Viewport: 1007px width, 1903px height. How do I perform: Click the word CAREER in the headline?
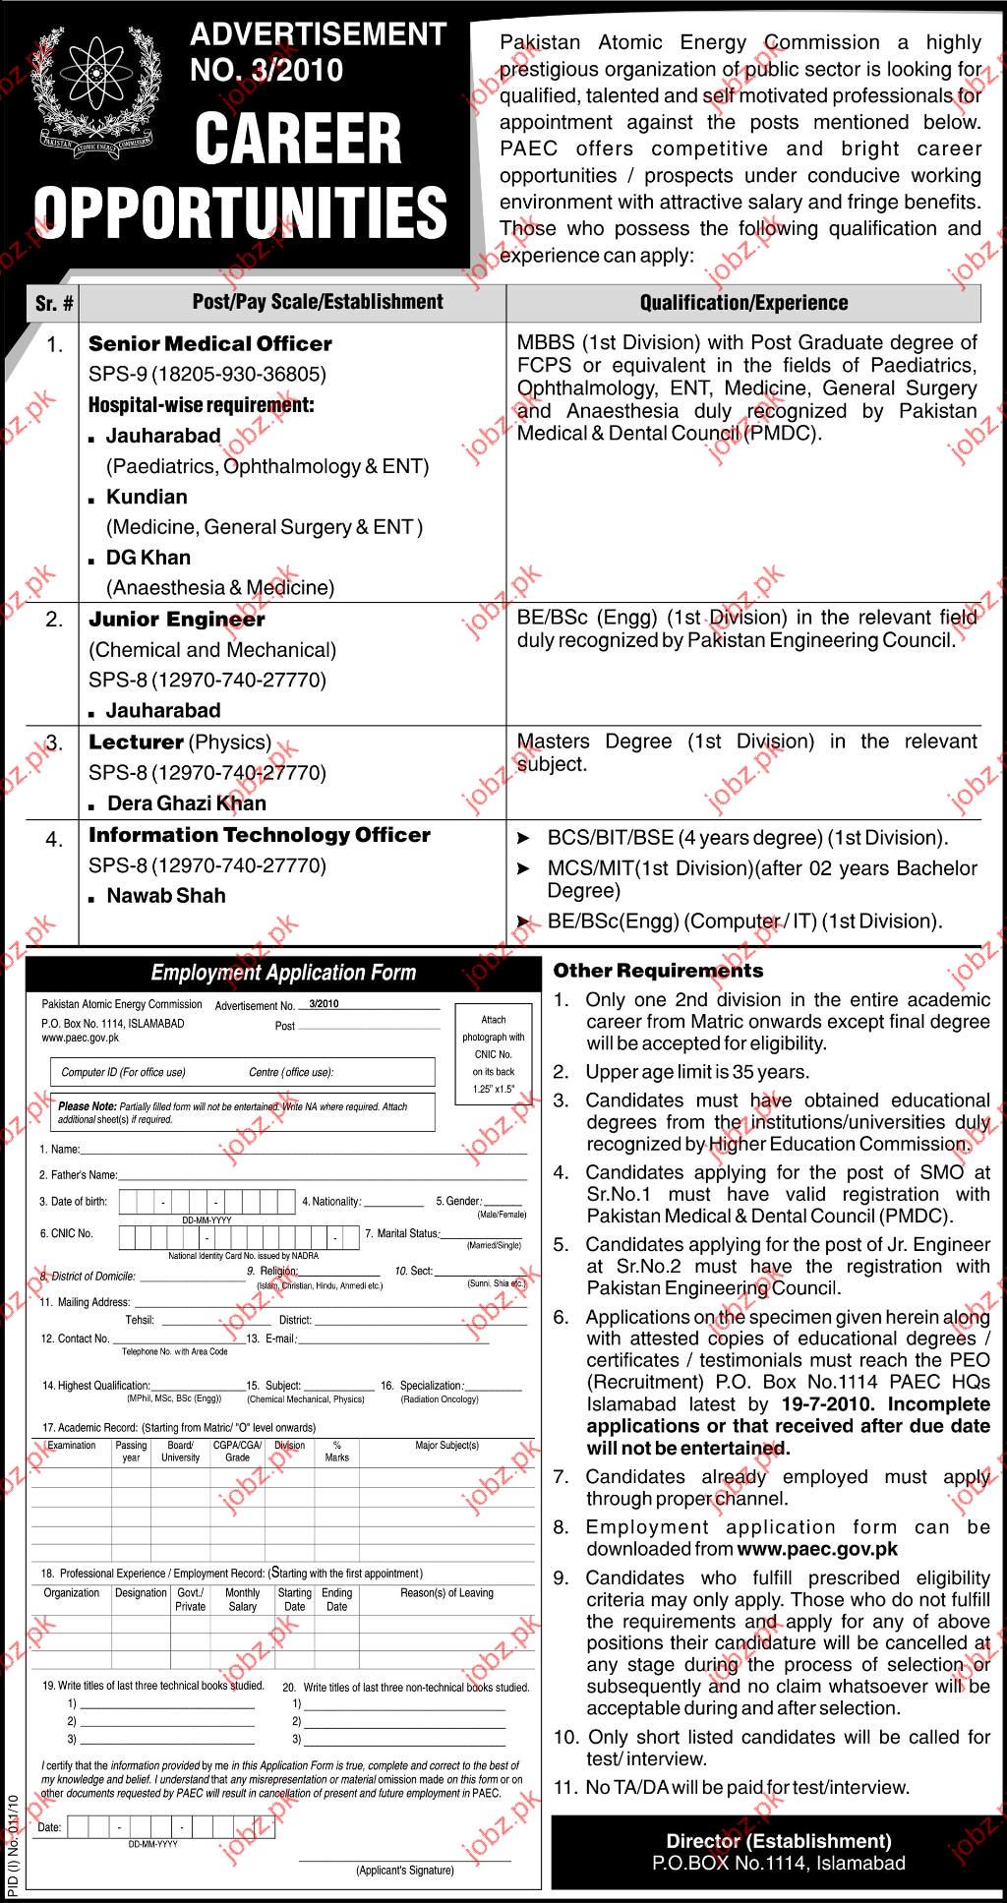click(x=298, y=140)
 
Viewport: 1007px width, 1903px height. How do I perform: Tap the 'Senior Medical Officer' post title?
click(x=209, y=344)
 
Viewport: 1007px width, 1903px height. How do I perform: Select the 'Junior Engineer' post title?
click(x=176, y=620)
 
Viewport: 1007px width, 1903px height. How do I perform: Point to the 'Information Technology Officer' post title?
click(x=260, y=835)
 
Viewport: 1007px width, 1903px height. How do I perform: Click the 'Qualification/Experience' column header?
click(x=743, y=303)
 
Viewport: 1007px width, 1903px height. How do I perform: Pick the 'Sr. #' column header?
click(x=53, y=303)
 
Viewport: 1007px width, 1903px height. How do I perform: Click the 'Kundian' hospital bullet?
click(x=147, y=497)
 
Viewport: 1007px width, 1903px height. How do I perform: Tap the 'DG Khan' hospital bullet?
click(x=148, y=558)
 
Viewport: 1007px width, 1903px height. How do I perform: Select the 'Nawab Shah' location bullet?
click(x=166, y=896)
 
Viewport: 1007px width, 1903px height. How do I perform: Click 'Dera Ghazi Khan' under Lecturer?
click(x=187, y=803)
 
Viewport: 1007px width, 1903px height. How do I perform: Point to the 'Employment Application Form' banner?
click(x=283, y=974)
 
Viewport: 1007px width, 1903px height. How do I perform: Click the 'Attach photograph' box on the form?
click(x=493, y=1054)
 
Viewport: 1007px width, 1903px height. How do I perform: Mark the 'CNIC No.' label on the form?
click(x=66, y=1233)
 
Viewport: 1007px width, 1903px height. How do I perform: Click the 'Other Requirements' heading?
click(x=658, y=971)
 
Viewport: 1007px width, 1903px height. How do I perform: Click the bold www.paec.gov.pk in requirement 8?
click(x=816, y=1549)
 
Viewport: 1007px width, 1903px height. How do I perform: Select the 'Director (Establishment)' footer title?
click(x=778, y=1841)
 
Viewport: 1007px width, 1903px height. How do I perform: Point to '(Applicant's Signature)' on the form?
click(x=405, y=1871)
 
